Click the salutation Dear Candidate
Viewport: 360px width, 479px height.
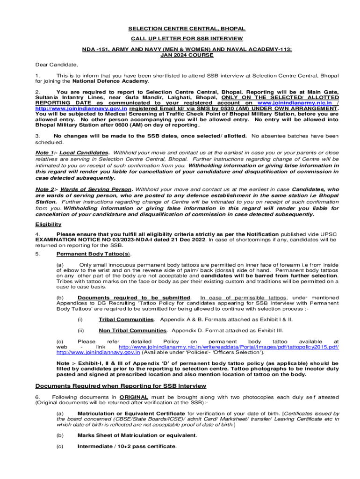57,64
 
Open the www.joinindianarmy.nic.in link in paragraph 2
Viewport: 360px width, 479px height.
295,102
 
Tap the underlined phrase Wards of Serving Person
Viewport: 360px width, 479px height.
96,189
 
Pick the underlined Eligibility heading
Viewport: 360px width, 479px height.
48,224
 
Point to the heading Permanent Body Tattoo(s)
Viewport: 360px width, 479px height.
94,254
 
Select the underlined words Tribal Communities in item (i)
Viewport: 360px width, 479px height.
126,319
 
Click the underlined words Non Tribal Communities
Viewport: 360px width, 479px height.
132,330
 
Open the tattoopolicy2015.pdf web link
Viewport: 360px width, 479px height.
229,347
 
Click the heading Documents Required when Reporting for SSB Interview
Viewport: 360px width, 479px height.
121,386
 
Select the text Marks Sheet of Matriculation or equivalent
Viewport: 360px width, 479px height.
137,435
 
